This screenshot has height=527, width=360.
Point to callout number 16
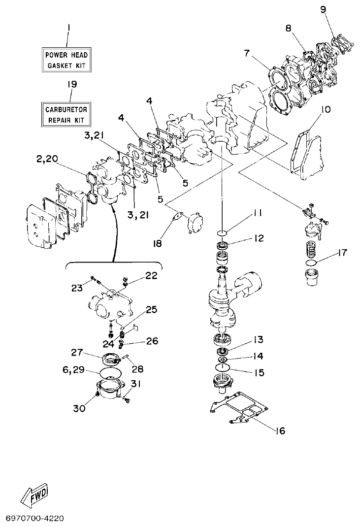pos(280,431)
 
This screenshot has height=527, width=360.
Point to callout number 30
pos(79,408)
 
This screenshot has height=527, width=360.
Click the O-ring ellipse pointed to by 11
pos(223,232)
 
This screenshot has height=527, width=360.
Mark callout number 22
pos(151,275)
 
